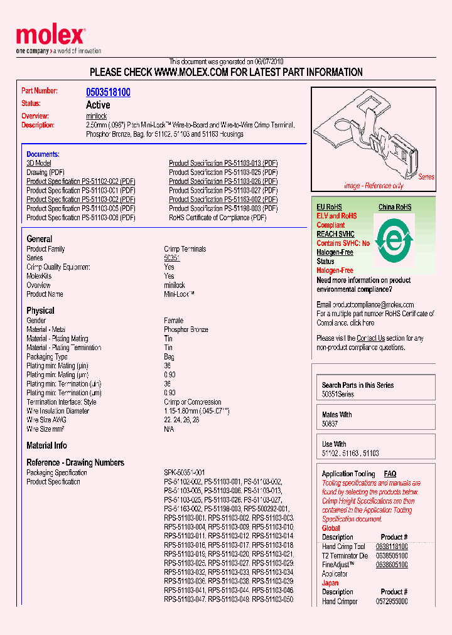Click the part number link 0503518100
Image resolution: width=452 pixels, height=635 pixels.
coord(108,92)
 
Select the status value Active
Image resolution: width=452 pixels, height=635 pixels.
coord(98,105)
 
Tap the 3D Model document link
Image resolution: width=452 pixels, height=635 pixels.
coord(38,163)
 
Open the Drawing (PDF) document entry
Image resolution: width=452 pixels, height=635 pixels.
coord(45,172)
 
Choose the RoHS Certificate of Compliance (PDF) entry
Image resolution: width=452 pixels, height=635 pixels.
coord(217,218)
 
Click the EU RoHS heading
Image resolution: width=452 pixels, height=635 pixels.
coord(329,207)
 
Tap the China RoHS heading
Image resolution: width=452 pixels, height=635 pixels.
coord(395,207)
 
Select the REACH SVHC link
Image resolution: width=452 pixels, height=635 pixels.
coord(335,234)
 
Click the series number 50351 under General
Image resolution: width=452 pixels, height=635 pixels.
coord(171,258)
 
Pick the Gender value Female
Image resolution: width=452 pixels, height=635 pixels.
coord(174,321)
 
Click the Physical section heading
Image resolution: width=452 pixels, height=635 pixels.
coord(40,311)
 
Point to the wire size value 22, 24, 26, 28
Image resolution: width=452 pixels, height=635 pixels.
coord(181,420)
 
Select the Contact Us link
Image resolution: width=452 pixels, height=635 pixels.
coord(370,338)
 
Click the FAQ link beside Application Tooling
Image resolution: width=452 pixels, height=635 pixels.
coord(390,474)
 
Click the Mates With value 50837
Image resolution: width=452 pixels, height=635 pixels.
coord(330,424)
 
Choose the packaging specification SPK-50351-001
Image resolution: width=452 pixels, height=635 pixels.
coord(185,472)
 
